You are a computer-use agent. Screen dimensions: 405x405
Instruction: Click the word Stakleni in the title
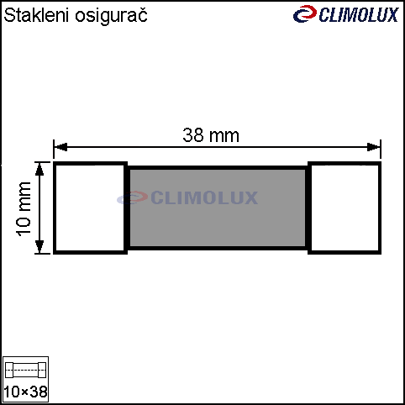click(x=36, y=15)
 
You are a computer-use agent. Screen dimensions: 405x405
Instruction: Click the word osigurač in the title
click(x=111, y=16)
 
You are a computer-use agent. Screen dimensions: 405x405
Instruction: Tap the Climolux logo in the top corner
click(x=346, y=14)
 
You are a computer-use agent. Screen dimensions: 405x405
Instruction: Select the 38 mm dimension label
click(x=211, y=135)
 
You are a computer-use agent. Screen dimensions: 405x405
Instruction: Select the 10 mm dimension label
click(x=24, y=209)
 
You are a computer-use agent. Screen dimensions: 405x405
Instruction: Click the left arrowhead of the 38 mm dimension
click(x=60, y=147)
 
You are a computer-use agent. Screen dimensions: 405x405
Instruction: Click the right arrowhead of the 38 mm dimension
click(x=374, y=147)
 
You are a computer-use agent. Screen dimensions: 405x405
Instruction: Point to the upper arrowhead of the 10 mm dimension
click(x=39, y=169)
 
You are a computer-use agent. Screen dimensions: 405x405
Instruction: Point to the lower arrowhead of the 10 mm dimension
click(x=39, y=247)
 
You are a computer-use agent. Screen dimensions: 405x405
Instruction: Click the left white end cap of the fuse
click(x=90, y=208)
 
